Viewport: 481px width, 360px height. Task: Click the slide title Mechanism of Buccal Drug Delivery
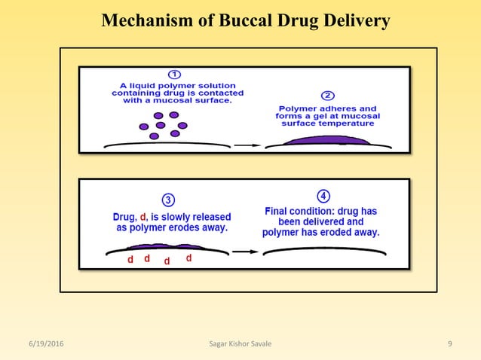[246, 20]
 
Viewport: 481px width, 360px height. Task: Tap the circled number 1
[174, 75]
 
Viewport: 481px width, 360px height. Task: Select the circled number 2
[328, 96]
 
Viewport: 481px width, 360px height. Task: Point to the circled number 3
[168, 200]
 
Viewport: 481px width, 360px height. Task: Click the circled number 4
[323, 196]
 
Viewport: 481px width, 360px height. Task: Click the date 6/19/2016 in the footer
[42, 344]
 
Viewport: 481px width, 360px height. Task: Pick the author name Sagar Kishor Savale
[240, 344]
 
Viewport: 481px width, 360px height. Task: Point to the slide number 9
[449, 344]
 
